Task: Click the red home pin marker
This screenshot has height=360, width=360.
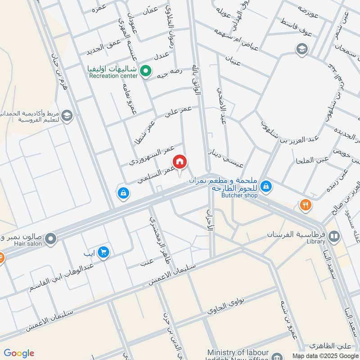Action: click(x=180, y=162)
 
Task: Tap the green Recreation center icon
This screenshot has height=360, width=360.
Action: click(x=145, y=70)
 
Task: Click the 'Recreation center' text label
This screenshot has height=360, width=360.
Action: click(x=113, y=76)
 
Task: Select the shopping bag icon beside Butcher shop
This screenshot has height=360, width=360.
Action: click(x=266, y=185)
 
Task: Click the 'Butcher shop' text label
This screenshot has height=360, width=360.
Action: click(x=239, y=195)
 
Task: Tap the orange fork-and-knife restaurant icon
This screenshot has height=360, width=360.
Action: click(x=306, y=205)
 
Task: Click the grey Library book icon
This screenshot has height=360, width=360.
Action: click(x=334, y=235)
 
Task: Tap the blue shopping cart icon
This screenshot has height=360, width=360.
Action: click(x=103, y=252)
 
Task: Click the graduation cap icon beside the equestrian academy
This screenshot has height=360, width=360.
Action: click(x=67, y=116)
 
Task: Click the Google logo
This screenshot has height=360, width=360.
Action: click(x=19, y=353)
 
